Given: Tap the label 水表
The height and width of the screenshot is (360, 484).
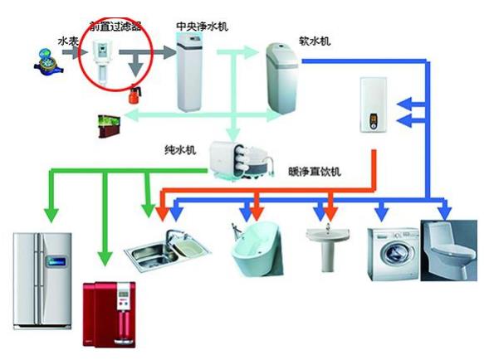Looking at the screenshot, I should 68,40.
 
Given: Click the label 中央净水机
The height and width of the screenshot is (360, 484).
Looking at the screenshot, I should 202,27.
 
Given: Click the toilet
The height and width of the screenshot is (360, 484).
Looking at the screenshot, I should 449,249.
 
